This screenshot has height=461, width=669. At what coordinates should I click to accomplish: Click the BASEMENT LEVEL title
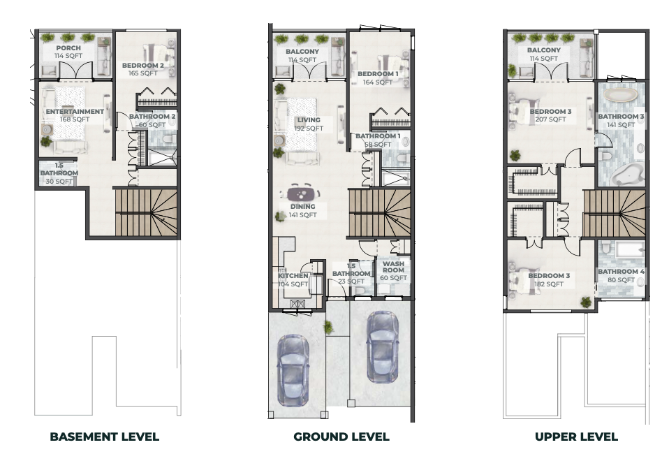105,437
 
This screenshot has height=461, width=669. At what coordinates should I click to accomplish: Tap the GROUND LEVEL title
341,437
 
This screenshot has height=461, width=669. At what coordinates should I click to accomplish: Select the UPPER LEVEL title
576,437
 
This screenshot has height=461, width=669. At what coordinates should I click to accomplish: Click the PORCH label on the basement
68,48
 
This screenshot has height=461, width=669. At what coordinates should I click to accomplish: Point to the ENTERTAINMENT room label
75,112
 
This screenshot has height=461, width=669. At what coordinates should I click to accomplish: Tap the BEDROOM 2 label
143,66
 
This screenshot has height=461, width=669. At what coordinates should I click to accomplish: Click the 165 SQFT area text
143,73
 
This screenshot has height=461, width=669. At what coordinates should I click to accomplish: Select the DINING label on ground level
303,207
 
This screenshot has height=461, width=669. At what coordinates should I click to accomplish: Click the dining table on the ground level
303,193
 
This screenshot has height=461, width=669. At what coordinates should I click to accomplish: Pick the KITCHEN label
293,276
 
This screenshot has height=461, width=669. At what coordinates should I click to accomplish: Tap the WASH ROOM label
393,267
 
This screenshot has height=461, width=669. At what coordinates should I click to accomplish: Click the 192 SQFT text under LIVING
309,129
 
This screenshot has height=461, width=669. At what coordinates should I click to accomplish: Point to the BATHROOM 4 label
622,272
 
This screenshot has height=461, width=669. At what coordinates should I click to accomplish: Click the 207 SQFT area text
550,119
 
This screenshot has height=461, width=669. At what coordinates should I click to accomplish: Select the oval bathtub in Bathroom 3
621,95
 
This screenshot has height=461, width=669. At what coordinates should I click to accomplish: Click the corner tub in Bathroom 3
626,174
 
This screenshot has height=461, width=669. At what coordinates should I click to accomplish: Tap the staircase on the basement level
146,212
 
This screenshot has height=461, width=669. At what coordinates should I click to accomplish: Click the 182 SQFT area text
549,284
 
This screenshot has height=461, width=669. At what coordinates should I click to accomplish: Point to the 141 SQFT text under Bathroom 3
621,124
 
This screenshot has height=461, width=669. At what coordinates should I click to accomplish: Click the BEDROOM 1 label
378,74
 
